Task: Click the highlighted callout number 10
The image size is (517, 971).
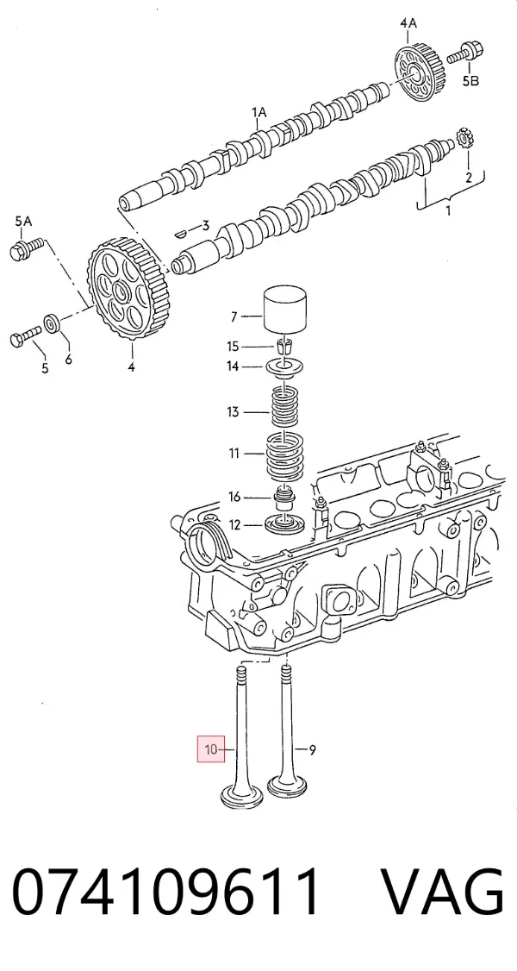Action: click(211, 749)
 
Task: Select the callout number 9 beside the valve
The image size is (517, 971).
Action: click(312, 750)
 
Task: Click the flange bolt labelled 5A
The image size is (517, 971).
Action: click(25, 247)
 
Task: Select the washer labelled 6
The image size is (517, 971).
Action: click(52, 324)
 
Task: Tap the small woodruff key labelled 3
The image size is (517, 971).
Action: click(181, 233)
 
